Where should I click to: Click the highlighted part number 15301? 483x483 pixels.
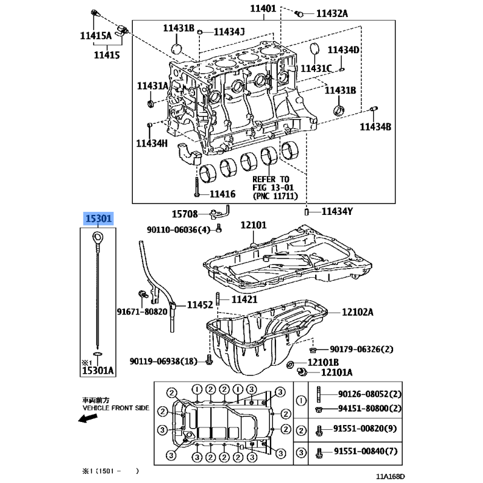point(98,219)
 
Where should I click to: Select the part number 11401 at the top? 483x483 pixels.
point(263,8)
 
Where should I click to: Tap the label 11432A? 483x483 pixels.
point(332,13)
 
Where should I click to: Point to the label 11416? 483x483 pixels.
point(222,194)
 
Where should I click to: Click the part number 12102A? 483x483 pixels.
point(357,312)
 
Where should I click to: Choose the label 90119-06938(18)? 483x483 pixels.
point(163,361)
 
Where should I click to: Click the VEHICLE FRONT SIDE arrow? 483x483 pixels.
point(88,418)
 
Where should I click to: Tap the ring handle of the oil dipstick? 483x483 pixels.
point(98,238)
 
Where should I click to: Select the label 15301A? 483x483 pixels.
point(98,370)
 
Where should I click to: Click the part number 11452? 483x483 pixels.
point(200,305)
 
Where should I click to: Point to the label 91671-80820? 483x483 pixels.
point(142,312)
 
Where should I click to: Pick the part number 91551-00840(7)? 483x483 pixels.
point(366,451)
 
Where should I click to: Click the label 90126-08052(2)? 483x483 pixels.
point(369,394)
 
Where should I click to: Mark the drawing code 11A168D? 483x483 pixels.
point(390,476)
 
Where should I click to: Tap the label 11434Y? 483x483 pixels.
point(337,211)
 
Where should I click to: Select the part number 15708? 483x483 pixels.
point(185,214)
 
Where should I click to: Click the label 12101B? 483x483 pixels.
point(323,362)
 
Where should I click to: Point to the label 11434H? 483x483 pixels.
point(152,143)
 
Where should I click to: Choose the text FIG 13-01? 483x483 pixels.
point(273,187)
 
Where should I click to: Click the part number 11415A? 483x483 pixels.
point(96,36)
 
